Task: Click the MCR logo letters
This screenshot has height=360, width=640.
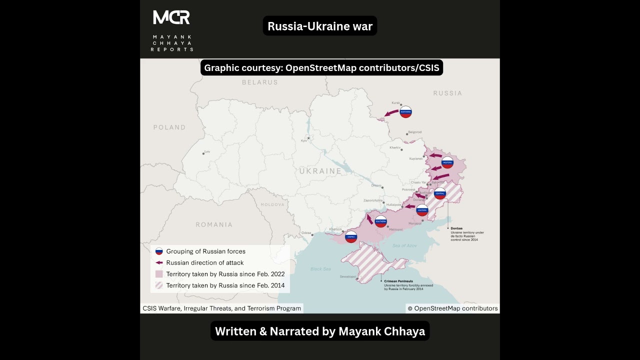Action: point(171,17)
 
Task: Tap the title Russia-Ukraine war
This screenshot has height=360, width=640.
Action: point(320,26)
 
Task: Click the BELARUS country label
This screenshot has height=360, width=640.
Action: point(259,82)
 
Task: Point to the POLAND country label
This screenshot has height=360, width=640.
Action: point(169,127)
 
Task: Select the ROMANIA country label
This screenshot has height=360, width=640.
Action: point(213,224)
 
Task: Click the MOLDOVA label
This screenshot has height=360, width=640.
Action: point(272,205)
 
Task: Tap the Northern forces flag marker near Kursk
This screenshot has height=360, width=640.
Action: point(405,112)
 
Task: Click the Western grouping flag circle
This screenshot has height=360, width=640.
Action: point(447,162)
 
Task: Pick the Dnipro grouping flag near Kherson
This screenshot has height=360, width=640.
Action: point(351,236)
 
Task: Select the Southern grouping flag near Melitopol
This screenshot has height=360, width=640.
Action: point(381,221)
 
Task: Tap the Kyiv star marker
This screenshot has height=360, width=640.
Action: point(308,137)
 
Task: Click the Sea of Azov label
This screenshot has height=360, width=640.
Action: point(404,245)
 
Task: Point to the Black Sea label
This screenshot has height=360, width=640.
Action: point(320,268)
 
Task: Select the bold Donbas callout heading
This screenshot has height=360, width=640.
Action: point(456,228)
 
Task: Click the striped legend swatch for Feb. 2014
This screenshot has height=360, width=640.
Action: point(159,285)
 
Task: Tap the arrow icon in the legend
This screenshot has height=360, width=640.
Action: point(159,262)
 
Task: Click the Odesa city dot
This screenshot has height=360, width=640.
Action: point(313,232)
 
